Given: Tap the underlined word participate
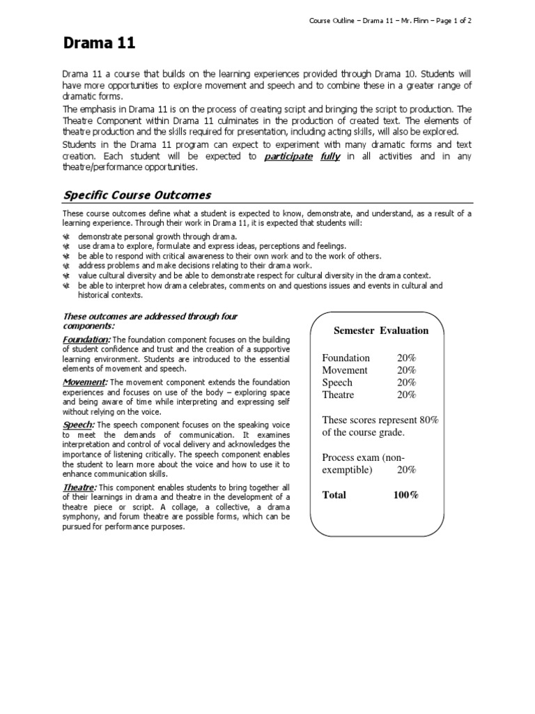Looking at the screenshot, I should (288, 157).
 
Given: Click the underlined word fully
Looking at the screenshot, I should (330, 157).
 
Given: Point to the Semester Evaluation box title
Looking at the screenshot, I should (381, 331).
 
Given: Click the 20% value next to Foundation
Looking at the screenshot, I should (406, 358).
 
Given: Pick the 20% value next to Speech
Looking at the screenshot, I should (406, 383).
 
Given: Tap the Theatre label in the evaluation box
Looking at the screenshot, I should (338, 395).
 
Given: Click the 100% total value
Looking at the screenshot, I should (405, 495).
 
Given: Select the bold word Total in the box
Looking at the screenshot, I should (334, 495).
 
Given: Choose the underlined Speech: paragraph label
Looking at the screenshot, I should (79, 425).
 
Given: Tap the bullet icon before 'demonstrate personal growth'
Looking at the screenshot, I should (66, 237).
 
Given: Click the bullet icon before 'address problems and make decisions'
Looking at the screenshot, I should (66, 266).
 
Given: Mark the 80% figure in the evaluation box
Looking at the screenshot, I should (428, 420).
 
